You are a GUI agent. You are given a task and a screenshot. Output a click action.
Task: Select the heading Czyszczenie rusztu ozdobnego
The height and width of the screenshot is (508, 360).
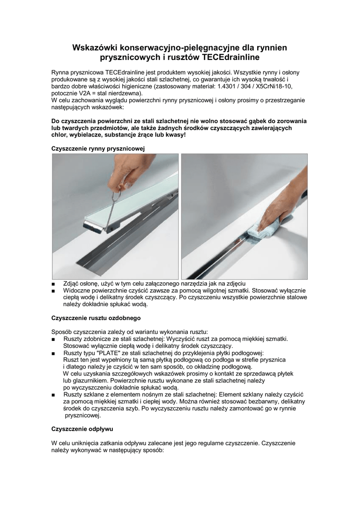[x=97, y=317]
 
